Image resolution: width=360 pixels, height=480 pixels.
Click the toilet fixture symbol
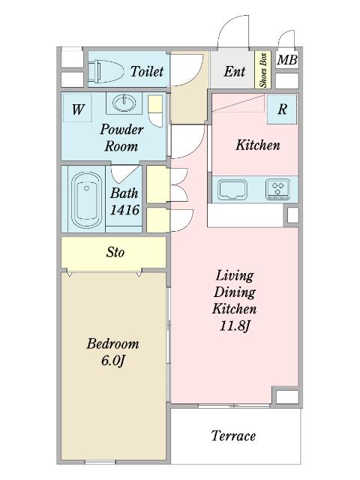click(106, 71)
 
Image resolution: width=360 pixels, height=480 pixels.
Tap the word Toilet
click(147, 72)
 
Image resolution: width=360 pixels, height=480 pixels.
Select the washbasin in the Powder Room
click(124, 103)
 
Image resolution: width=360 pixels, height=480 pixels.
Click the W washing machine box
click(77, 108)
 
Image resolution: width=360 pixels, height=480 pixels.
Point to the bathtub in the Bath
click(87, 200)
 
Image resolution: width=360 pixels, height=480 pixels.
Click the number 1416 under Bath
click(125, 210)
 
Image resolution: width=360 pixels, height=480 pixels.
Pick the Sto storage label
click(115, 252)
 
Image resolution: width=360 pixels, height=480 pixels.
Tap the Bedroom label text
click(112, 343)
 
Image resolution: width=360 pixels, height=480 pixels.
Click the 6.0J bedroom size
click(113, 360)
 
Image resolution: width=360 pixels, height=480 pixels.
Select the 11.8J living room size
click(235, 325)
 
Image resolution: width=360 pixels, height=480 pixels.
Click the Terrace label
click(233, 436)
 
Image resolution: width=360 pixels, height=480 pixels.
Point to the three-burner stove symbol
click(278, 189)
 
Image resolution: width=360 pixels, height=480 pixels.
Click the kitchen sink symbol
click(232, 190)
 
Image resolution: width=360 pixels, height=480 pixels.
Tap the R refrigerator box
click(282, 109)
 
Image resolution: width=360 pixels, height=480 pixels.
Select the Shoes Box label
click(263, 70)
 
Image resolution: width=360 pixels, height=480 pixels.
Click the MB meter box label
click(287, 60)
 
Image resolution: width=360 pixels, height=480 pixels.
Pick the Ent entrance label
click(235, 71)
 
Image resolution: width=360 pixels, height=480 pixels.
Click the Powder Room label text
click(121, 138)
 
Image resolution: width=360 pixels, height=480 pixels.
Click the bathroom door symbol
click(124, 175)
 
